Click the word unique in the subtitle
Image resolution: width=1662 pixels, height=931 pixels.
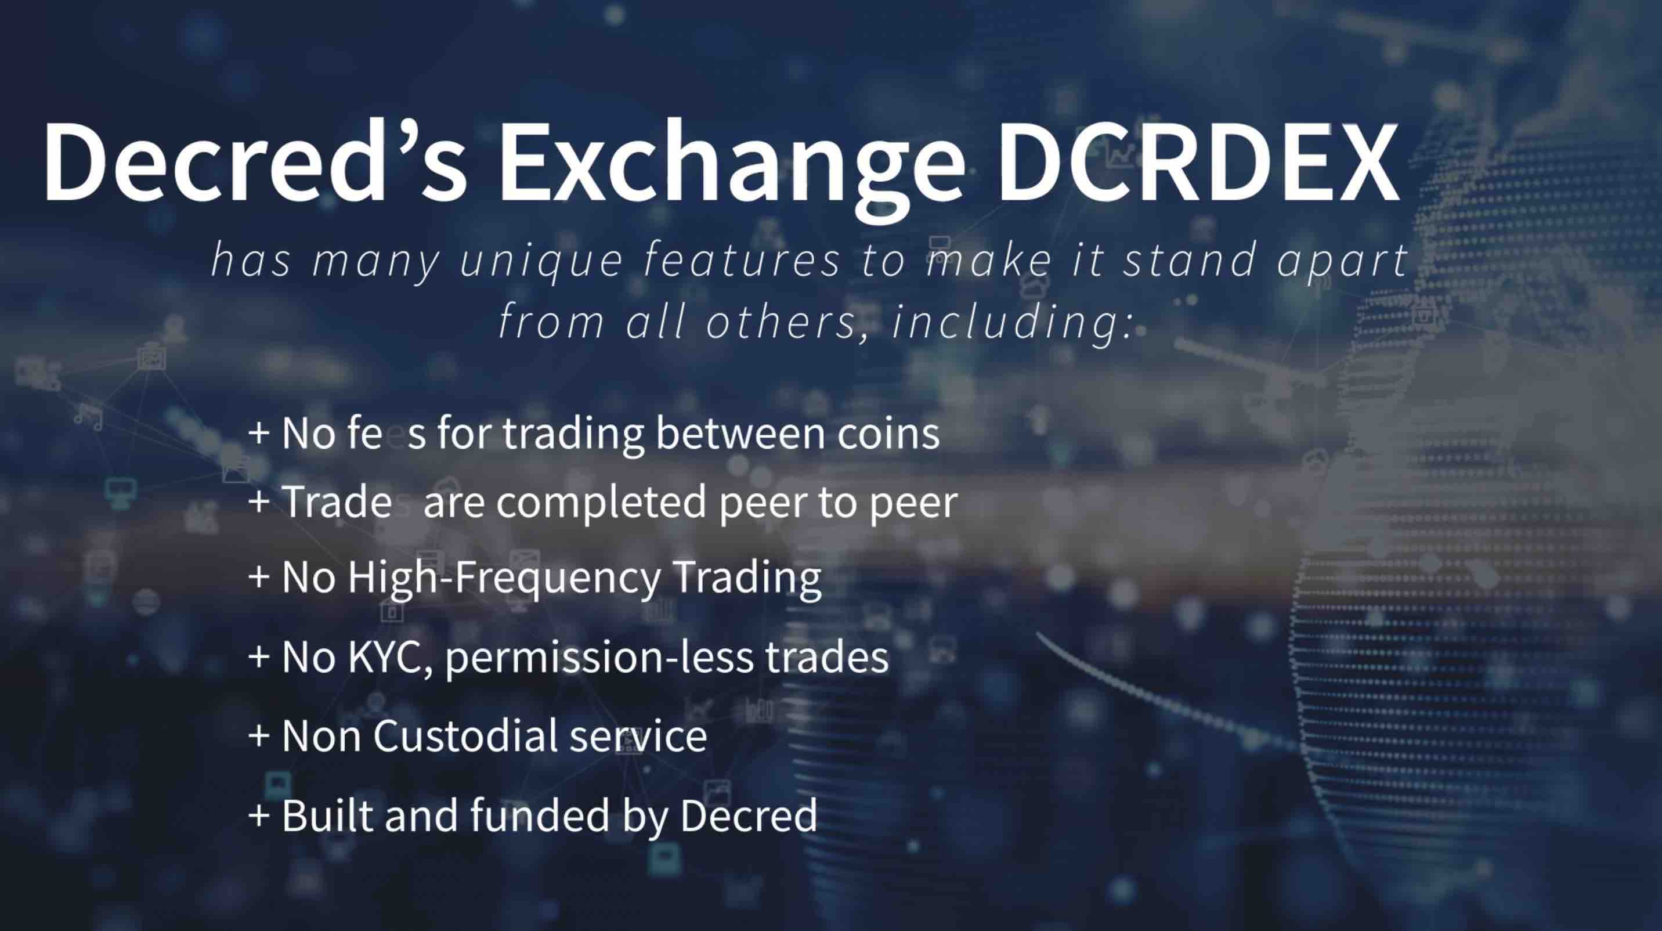click(541, 261)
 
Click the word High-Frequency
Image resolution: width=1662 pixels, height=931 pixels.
click(503, 578)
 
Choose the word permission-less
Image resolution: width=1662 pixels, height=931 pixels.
click(598, 658)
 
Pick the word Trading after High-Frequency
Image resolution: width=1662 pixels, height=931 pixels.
click(746, 578)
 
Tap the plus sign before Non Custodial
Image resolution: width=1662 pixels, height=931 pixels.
click(258, 736)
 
